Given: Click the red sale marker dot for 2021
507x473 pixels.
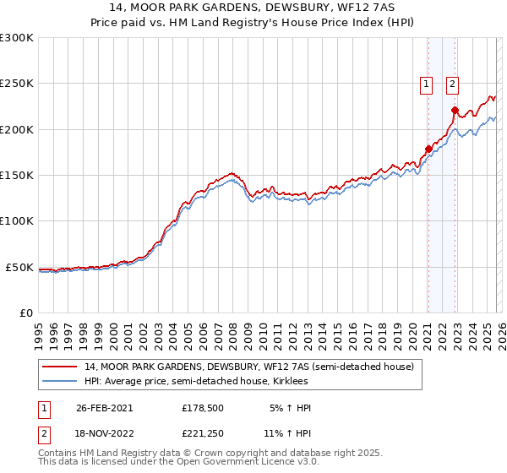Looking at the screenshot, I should click(x=428, y=150).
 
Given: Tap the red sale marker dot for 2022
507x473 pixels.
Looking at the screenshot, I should click(x=455, y=110).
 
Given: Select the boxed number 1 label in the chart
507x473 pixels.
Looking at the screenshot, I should click(x=427, y=84).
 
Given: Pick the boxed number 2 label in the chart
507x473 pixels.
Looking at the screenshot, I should click(x=453, y=84).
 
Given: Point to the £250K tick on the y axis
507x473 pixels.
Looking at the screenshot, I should click(x=17, y=84).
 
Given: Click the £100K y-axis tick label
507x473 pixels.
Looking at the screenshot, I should click(x=17, y=221).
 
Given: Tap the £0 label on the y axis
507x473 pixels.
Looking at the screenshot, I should click(x=25, y=313).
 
